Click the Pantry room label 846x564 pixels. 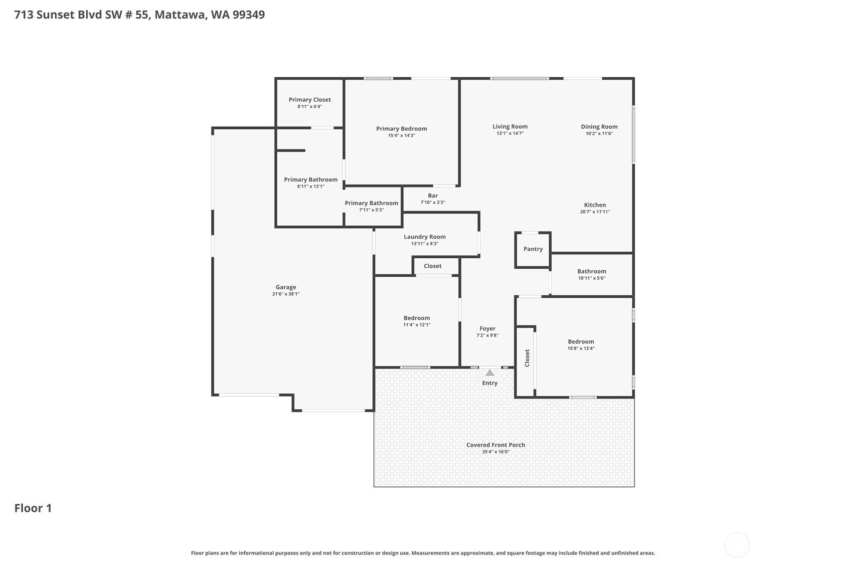point(533,249)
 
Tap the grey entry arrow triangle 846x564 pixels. point(490,373)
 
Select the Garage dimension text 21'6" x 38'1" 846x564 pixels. point(286,294)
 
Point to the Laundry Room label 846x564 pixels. point(425,237)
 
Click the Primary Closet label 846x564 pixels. point(310,100)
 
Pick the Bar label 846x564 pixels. point(433,195)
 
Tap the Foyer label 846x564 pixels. point(488,329)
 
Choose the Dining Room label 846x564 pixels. point(599,127)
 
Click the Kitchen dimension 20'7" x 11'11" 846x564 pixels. point(595,212)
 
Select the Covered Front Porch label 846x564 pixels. point(496,445)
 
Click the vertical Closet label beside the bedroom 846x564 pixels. point(527,358)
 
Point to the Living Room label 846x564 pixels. point(510,127)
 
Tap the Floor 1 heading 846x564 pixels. point(33,508)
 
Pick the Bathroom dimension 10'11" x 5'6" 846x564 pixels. point(592,278)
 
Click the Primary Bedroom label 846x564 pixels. point(401,129)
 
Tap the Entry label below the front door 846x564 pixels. point(490,383)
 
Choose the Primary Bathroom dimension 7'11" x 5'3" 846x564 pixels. point(371,210)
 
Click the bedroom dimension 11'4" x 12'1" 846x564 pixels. point(417,325)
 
